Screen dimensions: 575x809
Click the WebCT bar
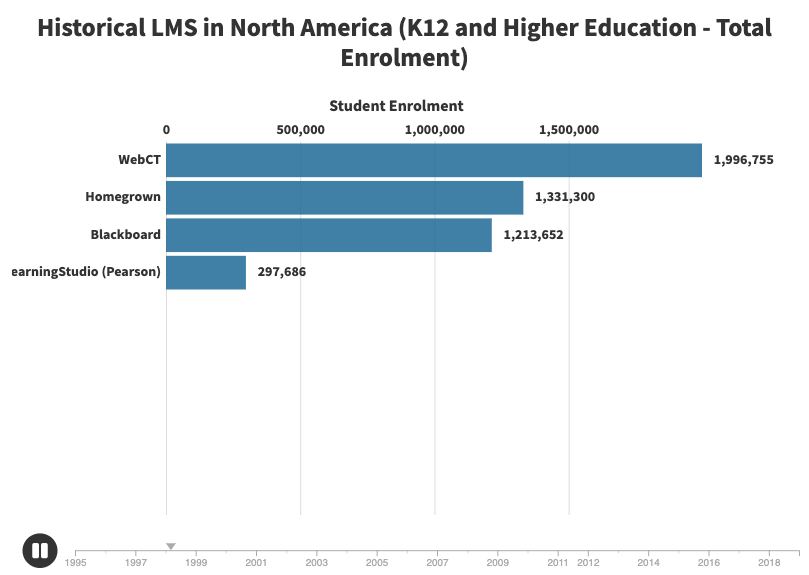click(434, 160)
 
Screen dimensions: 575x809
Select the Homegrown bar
click(345, 197)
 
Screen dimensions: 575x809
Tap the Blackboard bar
click(329, 235)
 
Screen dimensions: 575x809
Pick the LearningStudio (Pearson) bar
click(206, 272)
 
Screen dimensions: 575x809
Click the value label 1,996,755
click(743, 160)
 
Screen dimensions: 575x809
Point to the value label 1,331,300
click(565, 197)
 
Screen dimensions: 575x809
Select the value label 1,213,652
click(533, 235)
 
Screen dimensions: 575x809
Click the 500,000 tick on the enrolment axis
click(300, 130)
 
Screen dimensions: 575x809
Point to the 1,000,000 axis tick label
click(435, 130)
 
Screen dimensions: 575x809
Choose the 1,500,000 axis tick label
click(569, 130)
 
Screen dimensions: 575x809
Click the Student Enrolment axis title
click(396, 106)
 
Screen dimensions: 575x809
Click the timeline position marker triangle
click(171, 546)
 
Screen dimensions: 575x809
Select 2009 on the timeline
click(498, 563)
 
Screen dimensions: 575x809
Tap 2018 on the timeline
click(769, 563)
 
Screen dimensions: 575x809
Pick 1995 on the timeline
click(76, 563)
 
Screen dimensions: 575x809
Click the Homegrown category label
click(123, 197)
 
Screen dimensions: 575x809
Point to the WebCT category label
click(139, 160)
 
